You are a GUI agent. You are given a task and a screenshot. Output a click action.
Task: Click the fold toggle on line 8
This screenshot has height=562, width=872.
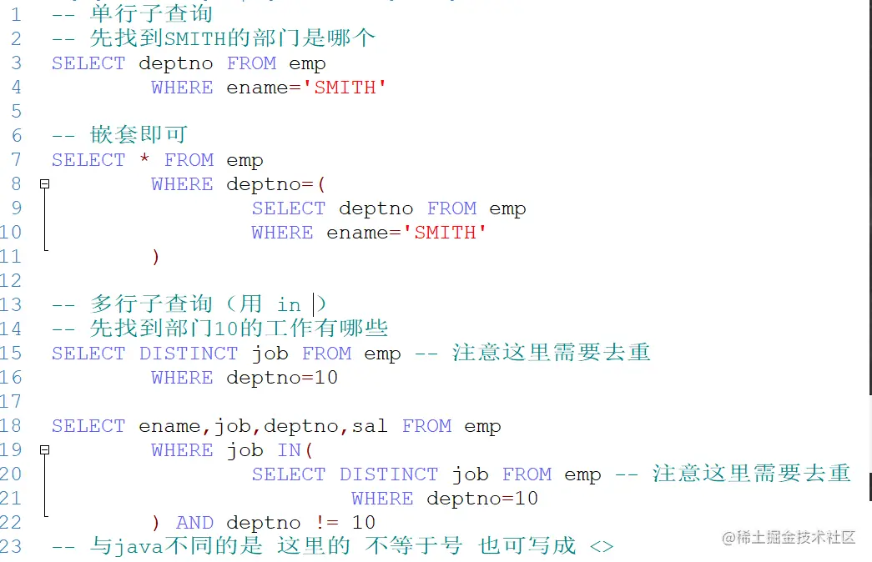click(x=45, y=184)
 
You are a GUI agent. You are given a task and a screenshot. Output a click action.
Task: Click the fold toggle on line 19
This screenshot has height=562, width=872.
click(x=45, y=450)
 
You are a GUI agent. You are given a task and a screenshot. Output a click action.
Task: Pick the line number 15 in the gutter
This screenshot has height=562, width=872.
click(x=11, y=354)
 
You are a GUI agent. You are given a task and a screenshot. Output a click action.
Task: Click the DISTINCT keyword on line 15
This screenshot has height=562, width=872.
click(x=189, y=354)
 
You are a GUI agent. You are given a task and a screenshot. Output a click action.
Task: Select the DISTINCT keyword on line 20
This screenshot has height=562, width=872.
click(x=389, y=474)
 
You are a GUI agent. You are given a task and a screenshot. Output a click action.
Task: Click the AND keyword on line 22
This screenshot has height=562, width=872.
click(x=195, y=523)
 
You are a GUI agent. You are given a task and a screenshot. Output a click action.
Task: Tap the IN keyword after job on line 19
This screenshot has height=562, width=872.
click(x=289, y=450)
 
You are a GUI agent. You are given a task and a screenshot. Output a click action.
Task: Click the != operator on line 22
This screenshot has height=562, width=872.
click(x=326, y=523)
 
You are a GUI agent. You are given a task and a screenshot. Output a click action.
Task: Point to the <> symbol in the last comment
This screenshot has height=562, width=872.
click(x=602, y=547)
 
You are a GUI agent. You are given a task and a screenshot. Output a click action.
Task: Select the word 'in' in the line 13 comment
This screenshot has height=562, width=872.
click(x=289, y=304)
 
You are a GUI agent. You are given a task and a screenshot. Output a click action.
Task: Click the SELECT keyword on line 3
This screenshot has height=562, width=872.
click(x=88, y=63)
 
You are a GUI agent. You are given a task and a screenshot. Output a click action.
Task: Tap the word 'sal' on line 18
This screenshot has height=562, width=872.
click(x=370, y=426)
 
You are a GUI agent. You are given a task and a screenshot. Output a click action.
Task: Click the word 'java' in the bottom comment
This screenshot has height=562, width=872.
click(x=139, y=547)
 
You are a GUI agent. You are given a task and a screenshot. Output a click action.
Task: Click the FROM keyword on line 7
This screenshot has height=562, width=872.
click(x=189, y=160)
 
